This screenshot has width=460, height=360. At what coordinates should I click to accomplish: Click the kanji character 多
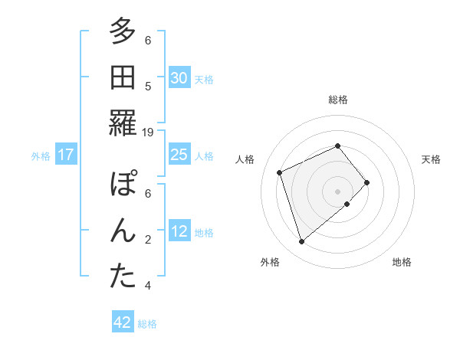(x=122, y=32)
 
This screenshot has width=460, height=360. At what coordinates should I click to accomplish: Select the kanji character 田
(x=122, y=77)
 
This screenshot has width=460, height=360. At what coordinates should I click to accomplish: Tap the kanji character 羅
(x=122, y=123)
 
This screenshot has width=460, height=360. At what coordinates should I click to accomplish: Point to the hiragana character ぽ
(x=122, y=185)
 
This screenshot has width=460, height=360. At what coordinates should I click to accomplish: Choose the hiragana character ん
(x=122, y=231)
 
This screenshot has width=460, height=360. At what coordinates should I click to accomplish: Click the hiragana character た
(x=122, y=276)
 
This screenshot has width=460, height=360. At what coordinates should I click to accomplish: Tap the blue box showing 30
(x=179, y=78)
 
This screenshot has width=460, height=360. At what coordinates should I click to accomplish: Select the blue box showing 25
(x=179, y=155)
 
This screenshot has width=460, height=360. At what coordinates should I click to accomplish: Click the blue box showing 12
(x=179, y=232)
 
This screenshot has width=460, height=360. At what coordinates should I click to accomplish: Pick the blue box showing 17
(x=65, y=155)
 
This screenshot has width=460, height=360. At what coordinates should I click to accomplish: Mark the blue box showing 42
(x=122, y=323)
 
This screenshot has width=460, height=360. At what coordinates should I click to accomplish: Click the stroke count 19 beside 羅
(x=148, y=132)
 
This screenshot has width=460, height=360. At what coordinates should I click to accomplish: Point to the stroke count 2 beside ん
(x=148, y=240)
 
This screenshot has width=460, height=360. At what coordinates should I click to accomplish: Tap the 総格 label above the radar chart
(x=337, y=100)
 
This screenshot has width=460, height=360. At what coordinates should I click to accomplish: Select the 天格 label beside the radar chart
(x=431, y=159)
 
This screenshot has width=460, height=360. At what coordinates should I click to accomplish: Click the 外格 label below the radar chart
(x=270, y=263)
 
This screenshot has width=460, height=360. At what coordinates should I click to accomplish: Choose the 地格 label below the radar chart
(x=402, y=263)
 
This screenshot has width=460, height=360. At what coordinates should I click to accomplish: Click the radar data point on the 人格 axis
(x=280, y=172)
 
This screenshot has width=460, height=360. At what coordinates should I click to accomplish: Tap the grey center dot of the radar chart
(x=337, y=190)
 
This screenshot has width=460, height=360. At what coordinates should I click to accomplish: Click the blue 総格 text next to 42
(x=147, y=324)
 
